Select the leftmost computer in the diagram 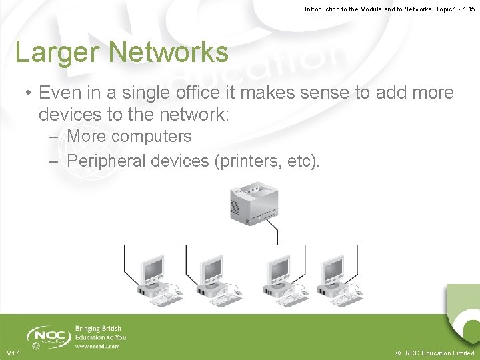coord(157,277)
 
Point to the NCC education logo coord(48,335)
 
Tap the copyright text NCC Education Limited coord(439,353)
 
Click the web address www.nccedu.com coord(97,346)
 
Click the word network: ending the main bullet coord(193,114)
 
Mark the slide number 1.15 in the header coord(467,9)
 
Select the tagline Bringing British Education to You coord(100,333)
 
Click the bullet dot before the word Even coord(23,93)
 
